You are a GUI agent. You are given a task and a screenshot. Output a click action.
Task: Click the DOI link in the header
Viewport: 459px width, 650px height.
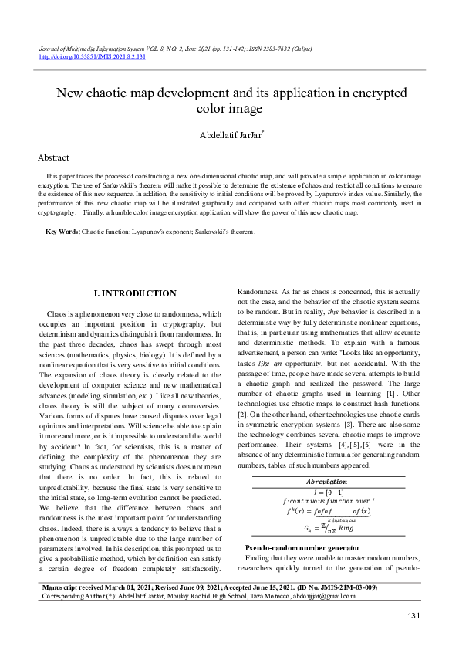[x=92, y=57]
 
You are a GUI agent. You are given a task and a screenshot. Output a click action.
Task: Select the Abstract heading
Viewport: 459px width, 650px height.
[x=53, y=157]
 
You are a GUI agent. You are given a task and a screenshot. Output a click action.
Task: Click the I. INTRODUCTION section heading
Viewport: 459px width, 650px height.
[x=134, y=293]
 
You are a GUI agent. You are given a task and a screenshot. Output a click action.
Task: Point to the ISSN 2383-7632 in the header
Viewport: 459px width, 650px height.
[x=261, y=49]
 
